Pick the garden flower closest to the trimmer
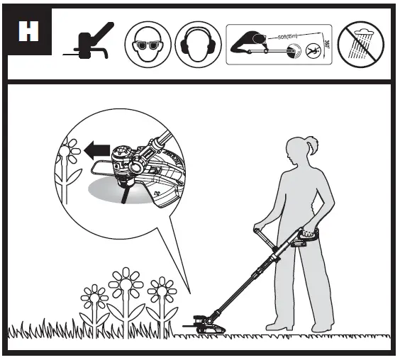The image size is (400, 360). tap(160, 291)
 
